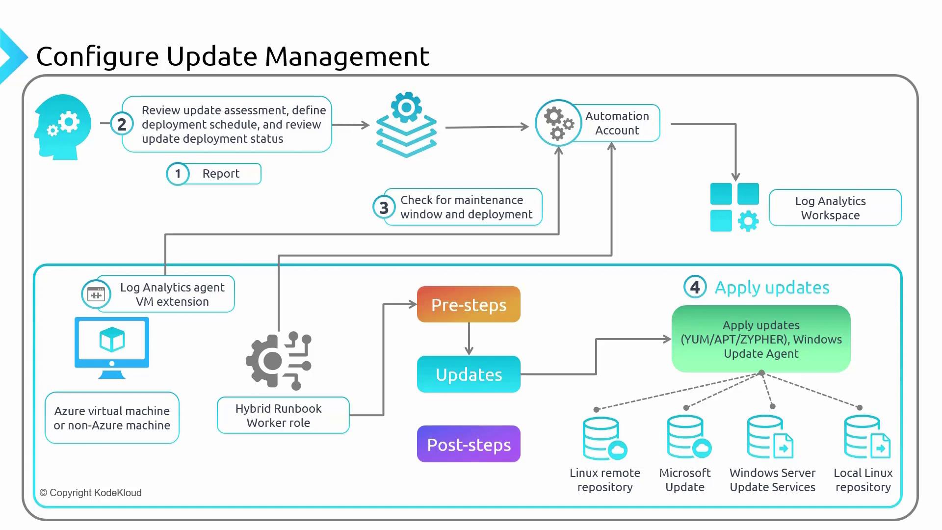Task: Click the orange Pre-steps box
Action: click(469, 304)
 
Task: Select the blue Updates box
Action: click(469, 374)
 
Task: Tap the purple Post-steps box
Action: click(469, 444)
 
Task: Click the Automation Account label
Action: click(617, 123)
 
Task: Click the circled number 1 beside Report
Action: click(178, 174)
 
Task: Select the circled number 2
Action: click(122, 124)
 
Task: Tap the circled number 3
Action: click(384, 208)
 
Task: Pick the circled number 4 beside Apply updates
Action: click(695, 287)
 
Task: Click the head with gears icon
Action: click(63, 127)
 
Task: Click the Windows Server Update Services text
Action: click(772, 480)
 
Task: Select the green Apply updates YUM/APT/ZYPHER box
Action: click(761, 339)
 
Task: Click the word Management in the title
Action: click(347, 56)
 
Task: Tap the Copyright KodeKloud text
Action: click(91, 493)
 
